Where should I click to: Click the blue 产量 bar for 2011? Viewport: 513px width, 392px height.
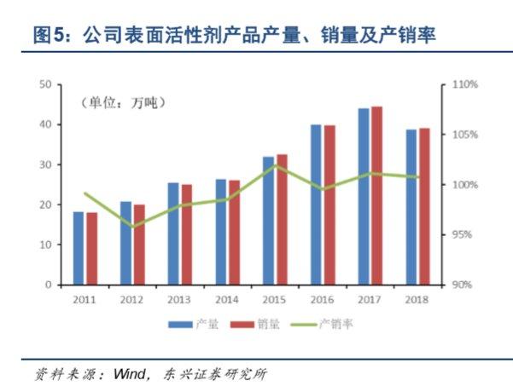click(x=79, y=248)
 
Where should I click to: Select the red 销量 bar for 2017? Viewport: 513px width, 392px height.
click(x=377, y=196)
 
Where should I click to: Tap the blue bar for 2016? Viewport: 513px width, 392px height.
click(x=316, y=205)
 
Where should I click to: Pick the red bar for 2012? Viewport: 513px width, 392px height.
click(x=139, y=245)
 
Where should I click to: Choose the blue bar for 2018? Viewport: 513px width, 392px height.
click(x=411, y=207)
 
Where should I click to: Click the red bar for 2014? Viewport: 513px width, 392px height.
click(x=234, y=233)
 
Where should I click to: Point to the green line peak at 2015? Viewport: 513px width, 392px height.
click(x=275, y=165)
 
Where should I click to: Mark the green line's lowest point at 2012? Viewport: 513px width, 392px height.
click(x=133, y=227)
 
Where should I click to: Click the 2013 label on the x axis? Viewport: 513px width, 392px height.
click(x=179, y=300)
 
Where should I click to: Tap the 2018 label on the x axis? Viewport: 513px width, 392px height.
click(x=417, y=300)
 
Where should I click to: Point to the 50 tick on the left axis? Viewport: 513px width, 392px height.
click(x=46, y=84)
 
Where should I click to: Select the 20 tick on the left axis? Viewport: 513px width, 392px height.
click(x=46, y=205)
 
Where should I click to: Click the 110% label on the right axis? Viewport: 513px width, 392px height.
click(x=465, y=84)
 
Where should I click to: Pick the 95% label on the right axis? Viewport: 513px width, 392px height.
click(x=462, y=235)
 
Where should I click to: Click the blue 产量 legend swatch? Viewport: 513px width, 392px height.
click(x=180, y=325)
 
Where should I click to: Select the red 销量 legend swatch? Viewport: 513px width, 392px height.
click(x=242, y=325)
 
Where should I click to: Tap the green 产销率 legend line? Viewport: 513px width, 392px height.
click(x=304, y=325)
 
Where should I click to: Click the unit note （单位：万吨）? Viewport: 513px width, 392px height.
click(x=123, y=103)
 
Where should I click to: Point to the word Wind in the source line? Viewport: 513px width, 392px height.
click(x=129, y=374)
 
